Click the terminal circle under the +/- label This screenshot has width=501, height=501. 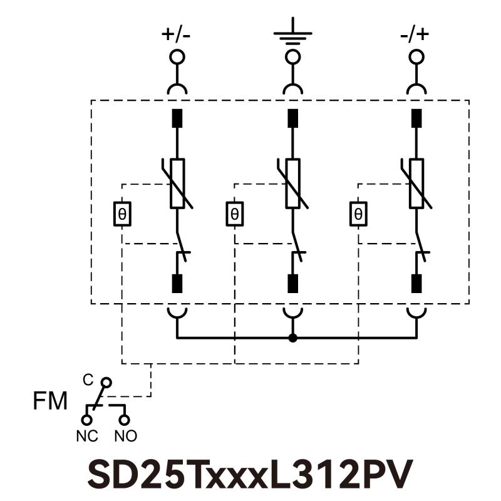(177, 58)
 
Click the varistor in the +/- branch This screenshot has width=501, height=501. (177, 183)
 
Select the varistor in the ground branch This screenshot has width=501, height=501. (292, 183)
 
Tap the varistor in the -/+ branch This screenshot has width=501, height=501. (416, 183)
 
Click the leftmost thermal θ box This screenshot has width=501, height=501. (121, 214)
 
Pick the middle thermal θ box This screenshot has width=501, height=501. (234, 214)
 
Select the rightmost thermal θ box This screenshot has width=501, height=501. (358, 214)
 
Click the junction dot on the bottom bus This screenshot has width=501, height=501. (292, 339)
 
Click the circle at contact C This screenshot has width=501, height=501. (106, 381)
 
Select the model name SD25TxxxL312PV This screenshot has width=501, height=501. (250, 475)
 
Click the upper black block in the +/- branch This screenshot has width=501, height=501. (177, 118)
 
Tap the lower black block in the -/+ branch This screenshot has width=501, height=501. (416, 284)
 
